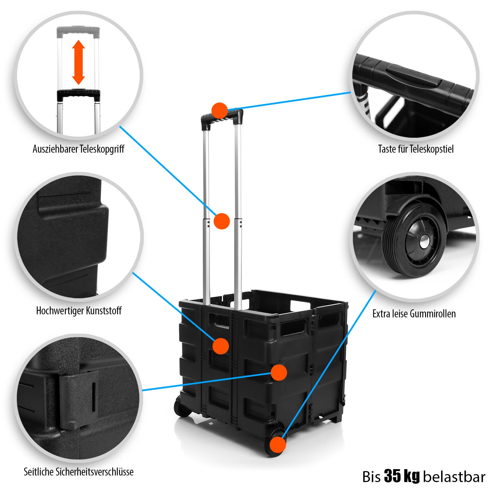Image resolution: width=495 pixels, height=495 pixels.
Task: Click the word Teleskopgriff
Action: pyautogui.click(x=102, y=149)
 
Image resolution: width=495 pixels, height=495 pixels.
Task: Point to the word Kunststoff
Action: pyautogui.click(x=104, y=311)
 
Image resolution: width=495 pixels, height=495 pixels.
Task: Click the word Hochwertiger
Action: pyautogui.click(x=60, y=311)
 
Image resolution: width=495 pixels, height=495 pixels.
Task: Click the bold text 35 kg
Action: pyautogui.click(x=402, y=476)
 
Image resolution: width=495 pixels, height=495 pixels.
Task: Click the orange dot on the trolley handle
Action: pyautogui.click(x=219, y=111)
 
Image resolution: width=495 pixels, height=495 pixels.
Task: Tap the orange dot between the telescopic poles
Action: pyautogui.click(x=221, y=221)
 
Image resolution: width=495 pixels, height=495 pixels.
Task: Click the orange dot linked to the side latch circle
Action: pyautogui.click(x=279, y=373)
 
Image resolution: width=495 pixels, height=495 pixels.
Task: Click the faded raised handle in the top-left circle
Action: pyautogui.click(x=78, y=32)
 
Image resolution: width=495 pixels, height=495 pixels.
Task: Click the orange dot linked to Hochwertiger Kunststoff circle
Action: pyautogui.click(x=221, y=346)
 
